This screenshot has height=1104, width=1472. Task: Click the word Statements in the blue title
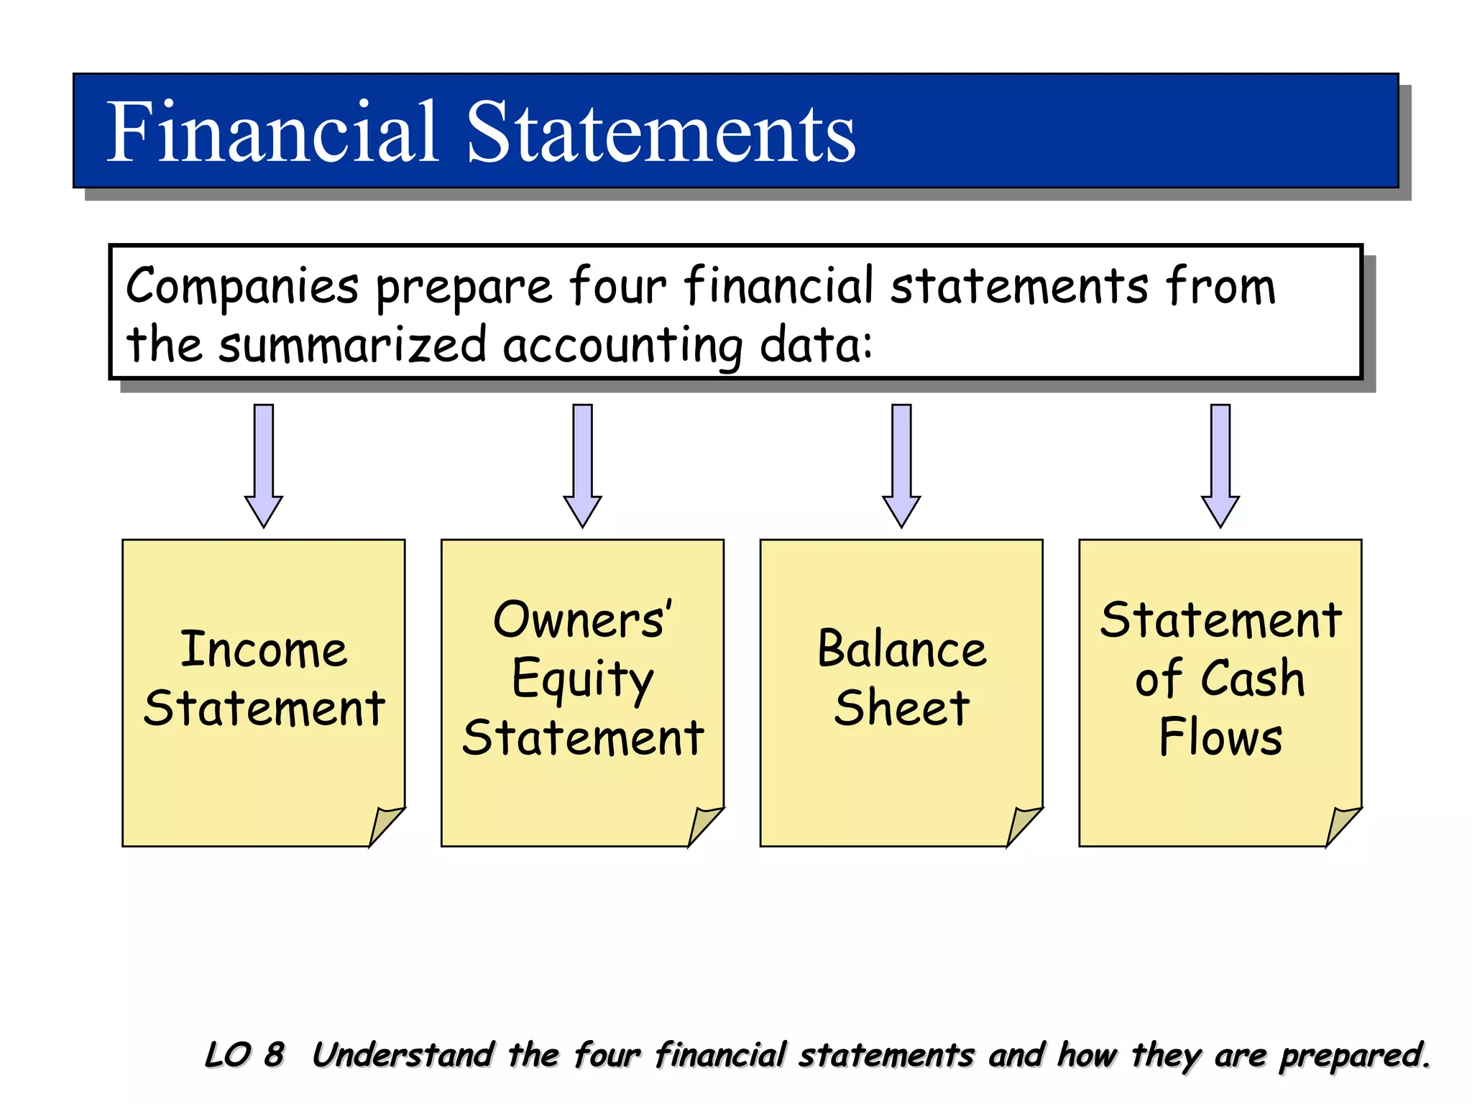(x=661, y=132)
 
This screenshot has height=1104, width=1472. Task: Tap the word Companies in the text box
(x=242, y=287)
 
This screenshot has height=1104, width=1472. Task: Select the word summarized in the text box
(x=352, y=344)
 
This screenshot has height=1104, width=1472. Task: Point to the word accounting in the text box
(x=622, y=346)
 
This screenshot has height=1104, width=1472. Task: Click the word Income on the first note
(x=264, y=649)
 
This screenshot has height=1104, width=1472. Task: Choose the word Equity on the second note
(x=582, y=679)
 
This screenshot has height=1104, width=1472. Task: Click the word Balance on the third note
(x=901, y=649)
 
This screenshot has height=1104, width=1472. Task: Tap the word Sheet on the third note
(x=901, y=708)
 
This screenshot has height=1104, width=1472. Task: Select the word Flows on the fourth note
(x=1220, y=737)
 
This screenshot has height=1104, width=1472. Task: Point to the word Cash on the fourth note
(x=1253, y=678)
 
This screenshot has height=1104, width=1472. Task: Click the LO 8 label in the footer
(x=244, y=1055)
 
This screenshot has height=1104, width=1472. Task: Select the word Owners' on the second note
(x=582, y=620)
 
